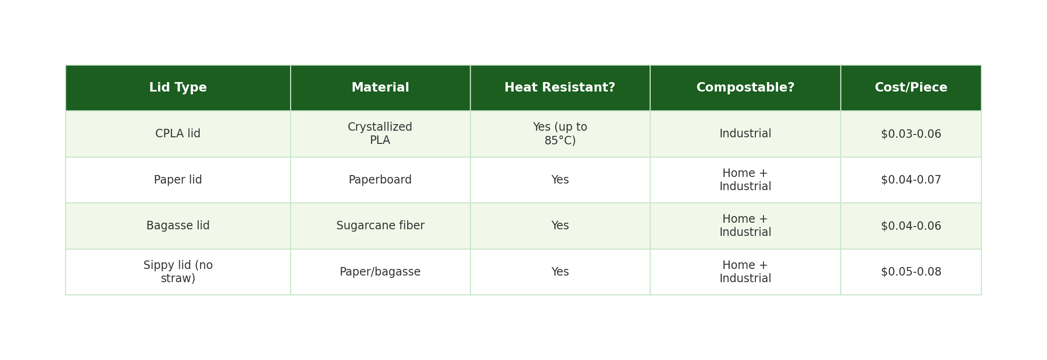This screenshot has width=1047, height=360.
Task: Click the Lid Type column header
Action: coord(178,88)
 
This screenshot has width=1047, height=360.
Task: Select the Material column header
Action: coord(380,88)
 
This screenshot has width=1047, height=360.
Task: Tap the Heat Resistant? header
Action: coord(560,88)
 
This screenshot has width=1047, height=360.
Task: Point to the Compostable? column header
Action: coord(745,88)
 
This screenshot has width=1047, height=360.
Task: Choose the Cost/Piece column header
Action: coord(911,88)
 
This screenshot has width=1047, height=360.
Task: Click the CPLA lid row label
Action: coord(178,134)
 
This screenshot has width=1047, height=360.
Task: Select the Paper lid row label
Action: coord(178,180)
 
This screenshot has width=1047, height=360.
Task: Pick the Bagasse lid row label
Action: coord(178,226)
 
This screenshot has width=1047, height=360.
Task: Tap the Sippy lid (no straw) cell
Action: coord(178,272)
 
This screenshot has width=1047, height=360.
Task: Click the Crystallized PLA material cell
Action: coord(380,134)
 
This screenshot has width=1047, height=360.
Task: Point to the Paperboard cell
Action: coord(380,180)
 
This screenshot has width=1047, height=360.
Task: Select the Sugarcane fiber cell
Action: coord(380,226)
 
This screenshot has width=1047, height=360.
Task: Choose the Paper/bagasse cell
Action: coord(380,272)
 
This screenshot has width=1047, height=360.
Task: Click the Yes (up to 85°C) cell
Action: coord(560,134)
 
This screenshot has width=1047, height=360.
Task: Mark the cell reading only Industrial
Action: coord(745,134)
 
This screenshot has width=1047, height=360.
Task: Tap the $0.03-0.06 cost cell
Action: coord(911,134)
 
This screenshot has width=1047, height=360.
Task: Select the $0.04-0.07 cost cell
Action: coord(911,180)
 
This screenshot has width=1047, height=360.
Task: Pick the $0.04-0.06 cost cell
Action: coord(911,226)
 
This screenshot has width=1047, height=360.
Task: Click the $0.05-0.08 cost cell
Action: coord(911,272)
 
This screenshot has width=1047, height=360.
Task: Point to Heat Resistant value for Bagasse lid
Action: coord(560,226)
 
